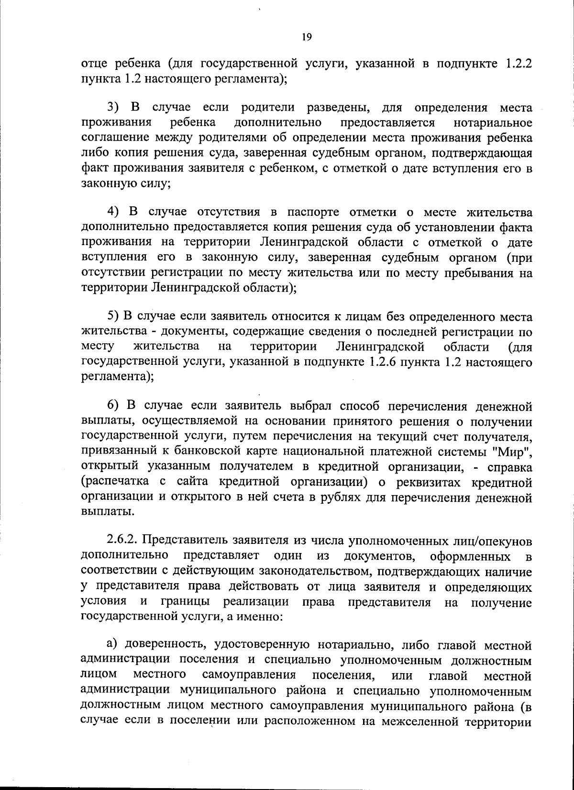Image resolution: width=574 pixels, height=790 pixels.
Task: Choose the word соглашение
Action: [x=114, y=138]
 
